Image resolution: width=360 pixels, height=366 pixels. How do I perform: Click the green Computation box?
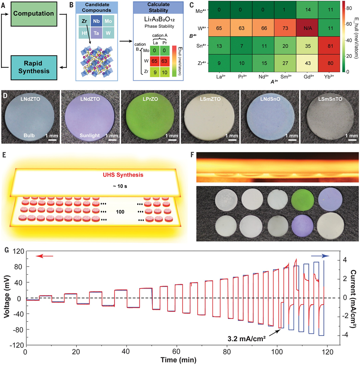tap(34, 14)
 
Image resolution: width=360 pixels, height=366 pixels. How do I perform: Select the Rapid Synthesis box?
tap(34, 67)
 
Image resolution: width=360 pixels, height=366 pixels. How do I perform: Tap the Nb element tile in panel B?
tap(96, 21)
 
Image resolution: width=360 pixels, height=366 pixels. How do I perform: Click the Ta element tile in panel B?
tap(96, 33)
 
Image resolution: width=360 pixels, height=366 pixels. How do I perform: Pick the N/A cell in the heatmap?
tap(308, 28)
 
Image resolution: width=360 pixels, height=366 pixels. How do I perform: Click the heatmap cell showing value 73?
tap(285, 28)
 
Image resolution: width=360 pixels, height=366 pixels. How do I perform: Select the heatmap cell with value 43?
tap(308, 63)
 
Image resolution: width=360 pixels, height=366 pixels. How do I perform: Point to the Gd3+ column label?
tap(309, 77)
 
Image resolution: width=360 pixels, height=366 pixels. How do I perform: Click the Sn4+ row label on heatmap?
tap(201, 46)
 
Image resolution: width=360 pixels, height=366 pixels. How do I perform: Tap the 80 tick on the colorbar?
tap(349, 8)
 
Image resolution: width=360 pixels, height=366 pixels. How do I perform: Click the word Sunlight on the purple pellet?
tap(90, 135)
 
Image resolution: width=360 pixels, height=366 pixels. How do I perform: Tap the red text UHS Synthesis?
tap(123, 175)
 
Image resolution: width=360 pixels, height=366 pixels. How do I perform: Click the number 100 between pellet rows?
tap(120, 212)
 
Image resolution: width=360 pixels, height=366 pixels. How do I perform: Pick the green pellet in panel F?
tap(303, 200)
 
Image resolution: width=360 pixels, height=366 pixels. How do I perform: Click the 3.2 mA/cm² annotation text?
tap(246, 338)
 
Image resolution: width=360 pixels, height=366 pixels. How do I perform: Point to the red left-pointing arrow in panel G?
tap(45, 256)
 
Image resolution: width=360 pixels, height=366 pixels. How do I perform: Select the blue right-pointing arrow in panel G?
tap(320, 256)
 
